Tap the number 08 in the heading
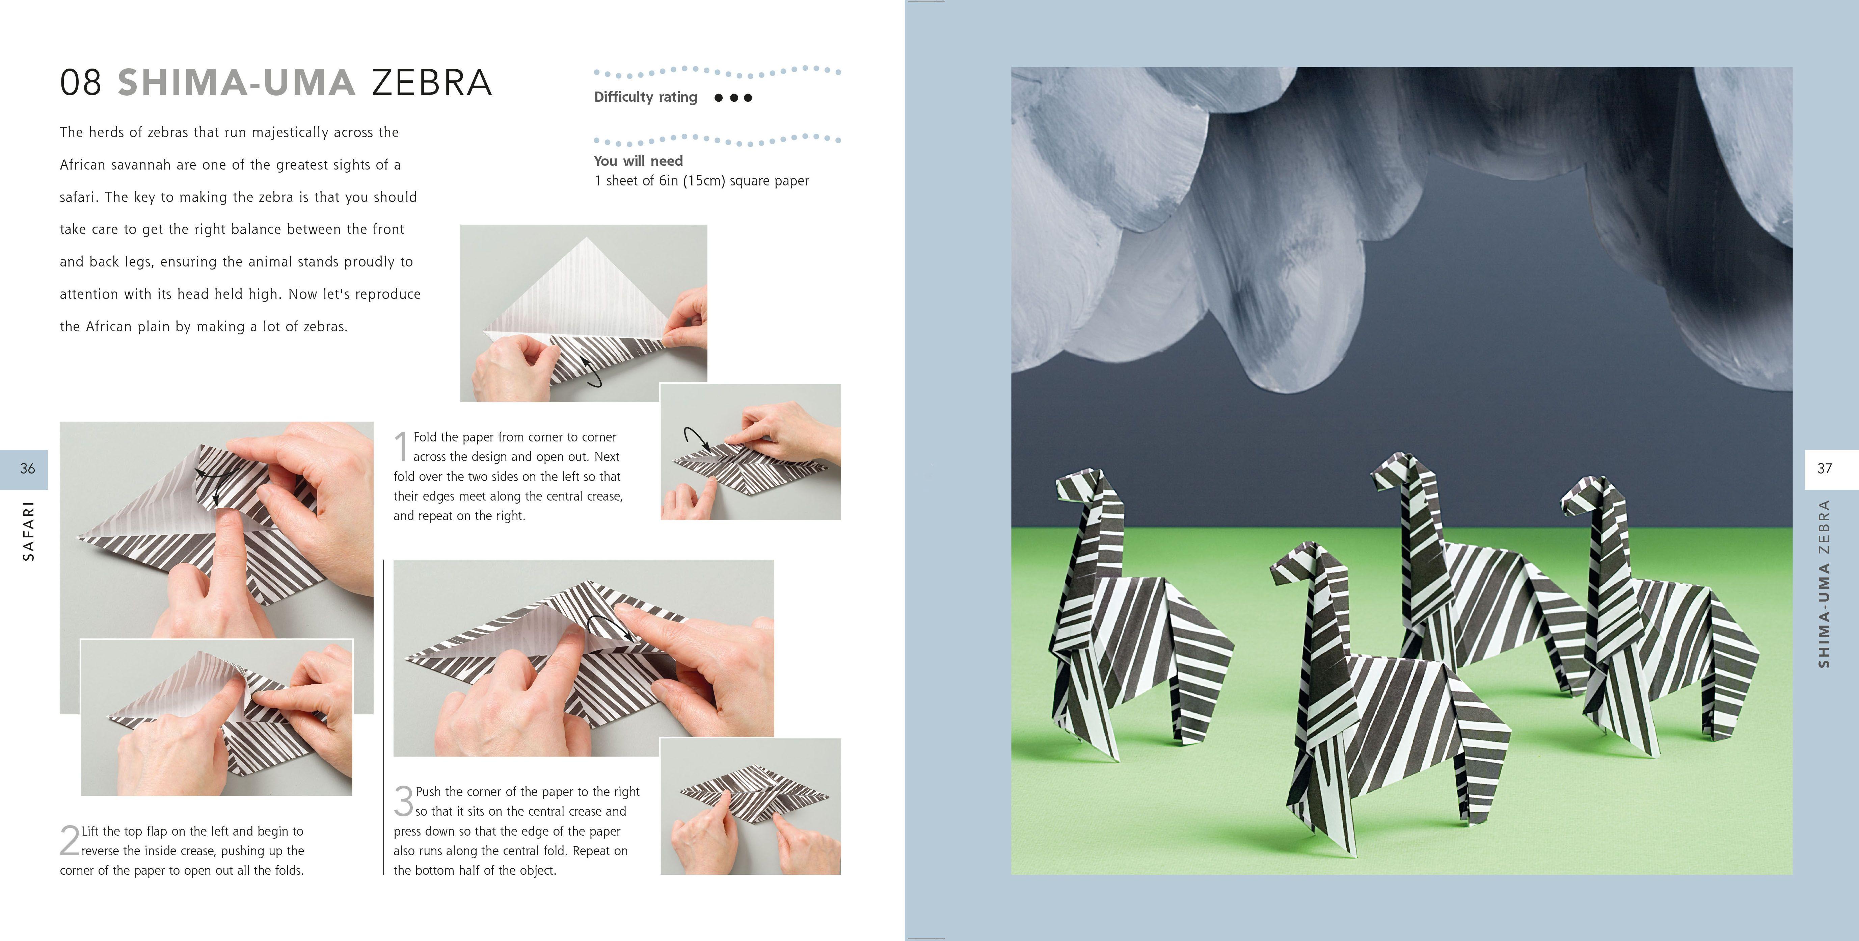[x=81, y=82]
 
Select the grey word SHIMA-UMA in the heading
[x=236, y=82]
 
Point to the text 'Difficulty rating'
[x=645, y=97]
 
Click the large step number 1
[x=401, y=447]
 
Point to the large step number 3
[x=403, y=802]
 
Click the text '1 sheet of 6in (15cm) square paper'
[x=701, y=181]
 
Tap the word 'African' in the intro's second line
[x=82, y=164]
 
